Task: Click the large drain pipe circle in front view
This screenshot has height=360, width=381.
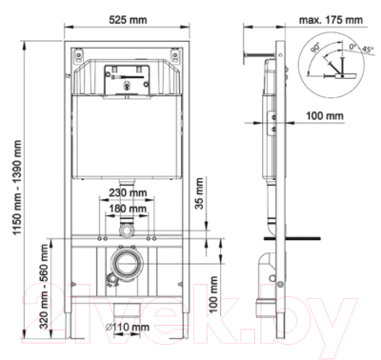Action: pos(126,266)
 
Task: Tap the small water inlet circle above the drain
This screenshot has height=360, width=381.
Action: pos(126,231)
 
